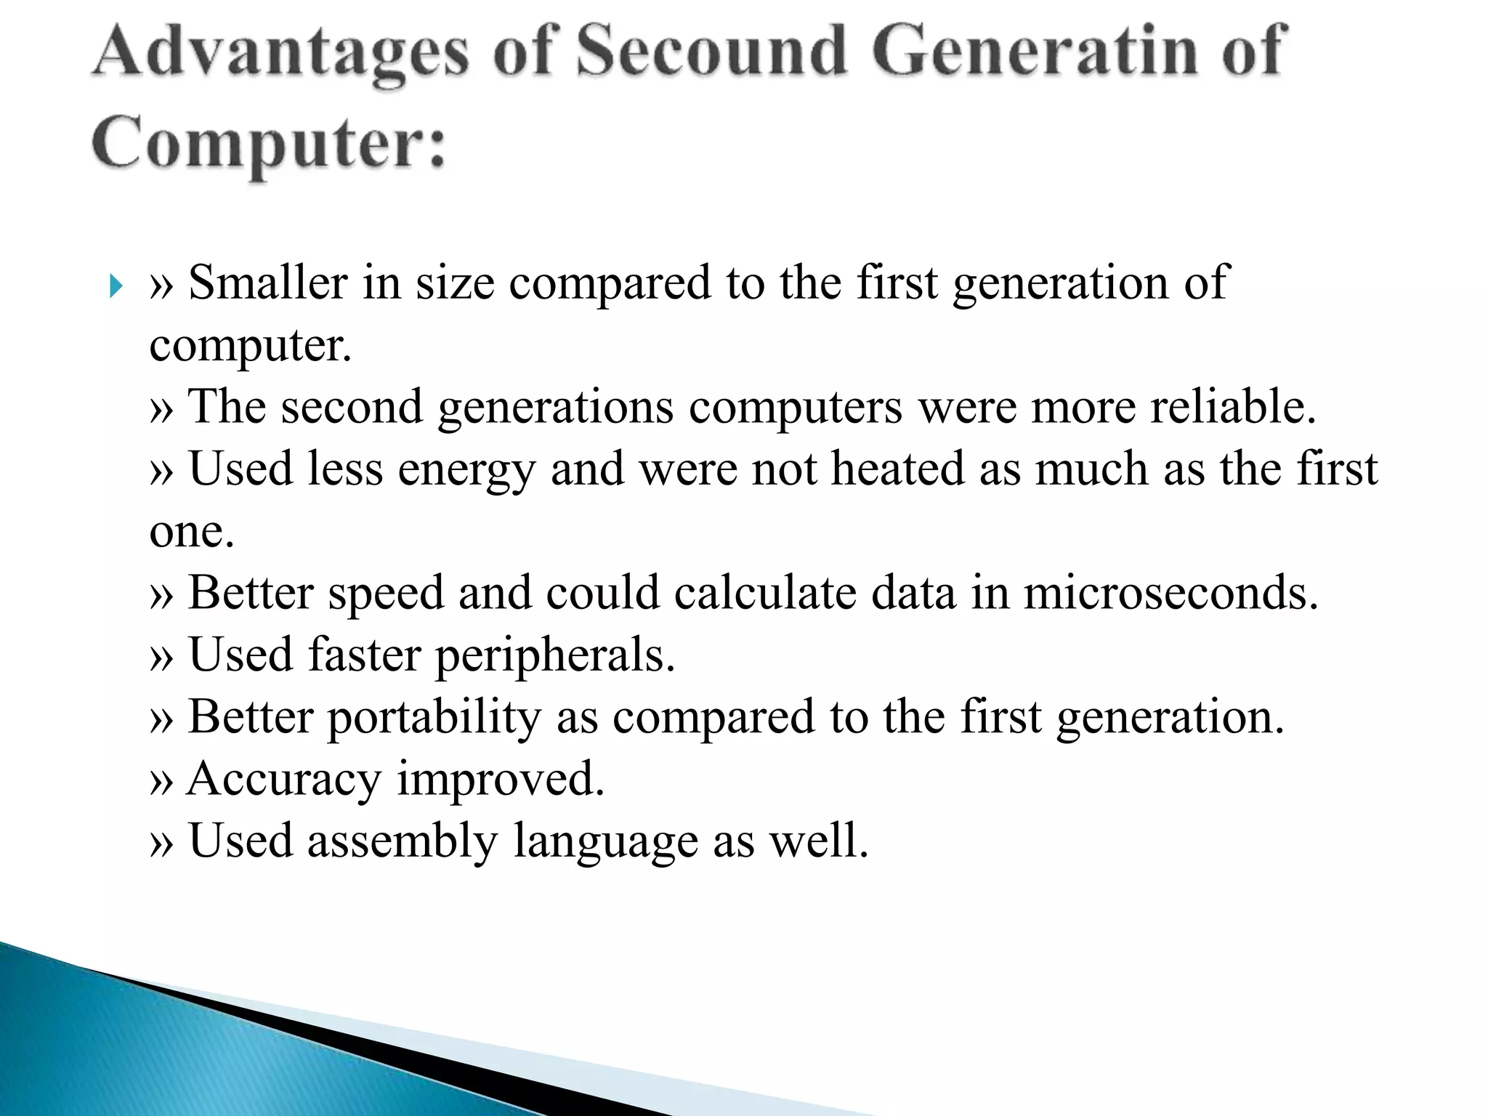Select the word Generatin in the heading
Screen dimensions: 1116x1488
pyautogui.click(x=1035, y=52)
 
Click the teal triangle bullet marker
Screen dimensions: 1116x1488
pyautogui.click(x=116, y=286)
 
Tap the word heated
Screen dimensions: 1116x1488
pyautogui.click(x=897, y=469)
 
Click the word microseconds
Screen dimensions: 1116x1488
pyautogui.click(x=1170, y=593)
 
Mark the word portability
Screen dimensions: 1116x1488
pyautogui.click(x=434, y=718)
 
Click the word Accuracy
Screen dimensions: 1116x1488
pyautogui.click(x=284, y=780)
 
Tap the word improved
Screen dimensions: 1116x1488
pyautogui.click(x=501, y=780)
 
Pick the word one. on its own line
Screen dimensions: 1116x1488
pyautogui.click(x=192, y=532)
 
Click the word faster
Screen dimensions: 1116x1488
pyautogui.click(x=364, y=655)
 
